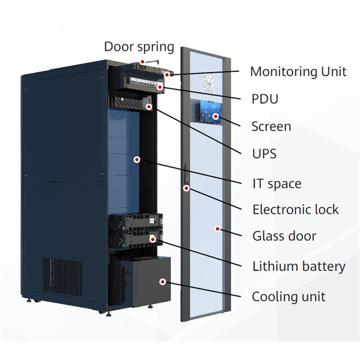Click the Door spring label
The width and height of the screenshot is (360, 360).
coord(139,46)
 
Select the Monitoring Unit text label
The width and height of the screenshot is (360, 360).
coord(298,71)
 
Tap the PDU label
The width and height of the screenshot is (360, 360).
coord(265,99)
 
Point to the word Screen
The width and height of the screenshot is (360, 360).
coord(271,127)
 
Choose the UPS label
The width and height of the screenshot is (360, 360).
coord(264,154)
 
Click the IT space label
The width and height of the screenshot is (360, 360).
coord(277,184)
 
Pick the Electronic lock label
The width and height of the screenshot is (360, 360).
coord(295,209)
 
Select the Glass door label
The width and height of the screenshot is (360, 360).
coord(284,236)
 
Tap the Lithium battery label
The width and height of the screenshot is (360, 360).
coord(298,266)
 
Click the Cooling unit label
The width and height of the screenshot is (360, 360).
coord(289,296)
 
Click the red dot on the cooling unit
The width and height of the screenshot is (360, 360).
coord(162,281)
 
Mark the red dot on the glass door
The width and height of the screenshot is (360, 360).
coord(217,228)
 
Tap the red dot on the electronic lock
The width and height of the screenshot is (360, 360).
coord(187,188)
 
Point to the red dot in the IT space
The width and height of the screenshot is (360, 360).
coord(137,160)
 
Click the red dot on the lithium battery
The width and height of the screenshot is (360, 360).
coord(153,239)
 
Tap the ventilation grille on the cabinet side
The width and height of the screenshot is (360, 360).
coord(62,275)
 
